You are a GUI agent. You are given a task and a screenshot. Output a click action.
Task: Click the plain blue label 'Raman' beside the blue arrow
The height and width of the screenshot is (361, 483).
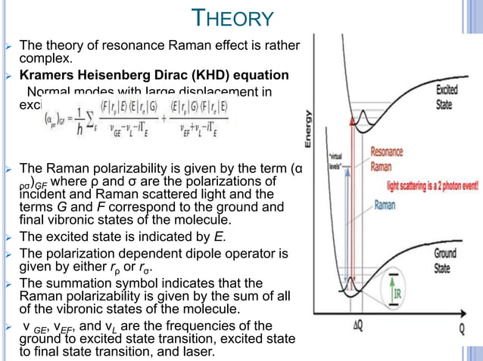[386, 204]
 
